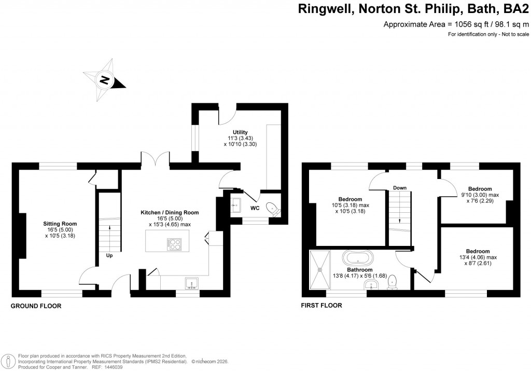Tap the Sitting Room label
tap(60, 224)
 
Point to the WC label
tap(255, 208)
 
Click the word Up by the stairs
tap(109, 255)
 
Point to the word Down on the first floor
tap(399, 187)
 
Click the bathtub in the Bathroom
tap(359, 258)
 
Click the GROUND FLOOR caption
tap(36, 306)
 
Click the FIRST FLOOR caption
tap(322, 306)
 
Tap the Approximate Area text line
tap(456, 24)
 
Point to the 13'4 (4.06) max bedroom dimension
tap(478, 257)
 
